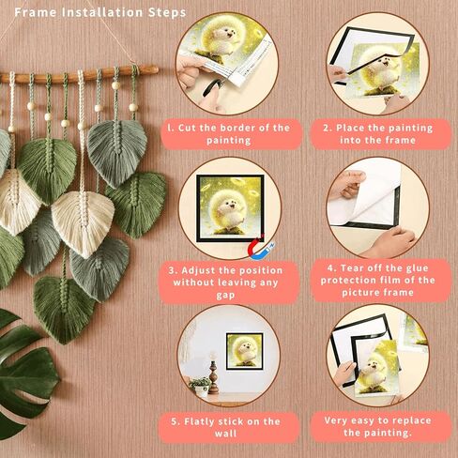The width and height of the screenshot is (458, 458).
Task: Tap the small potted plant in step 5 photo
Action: (x=199, y=384)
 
